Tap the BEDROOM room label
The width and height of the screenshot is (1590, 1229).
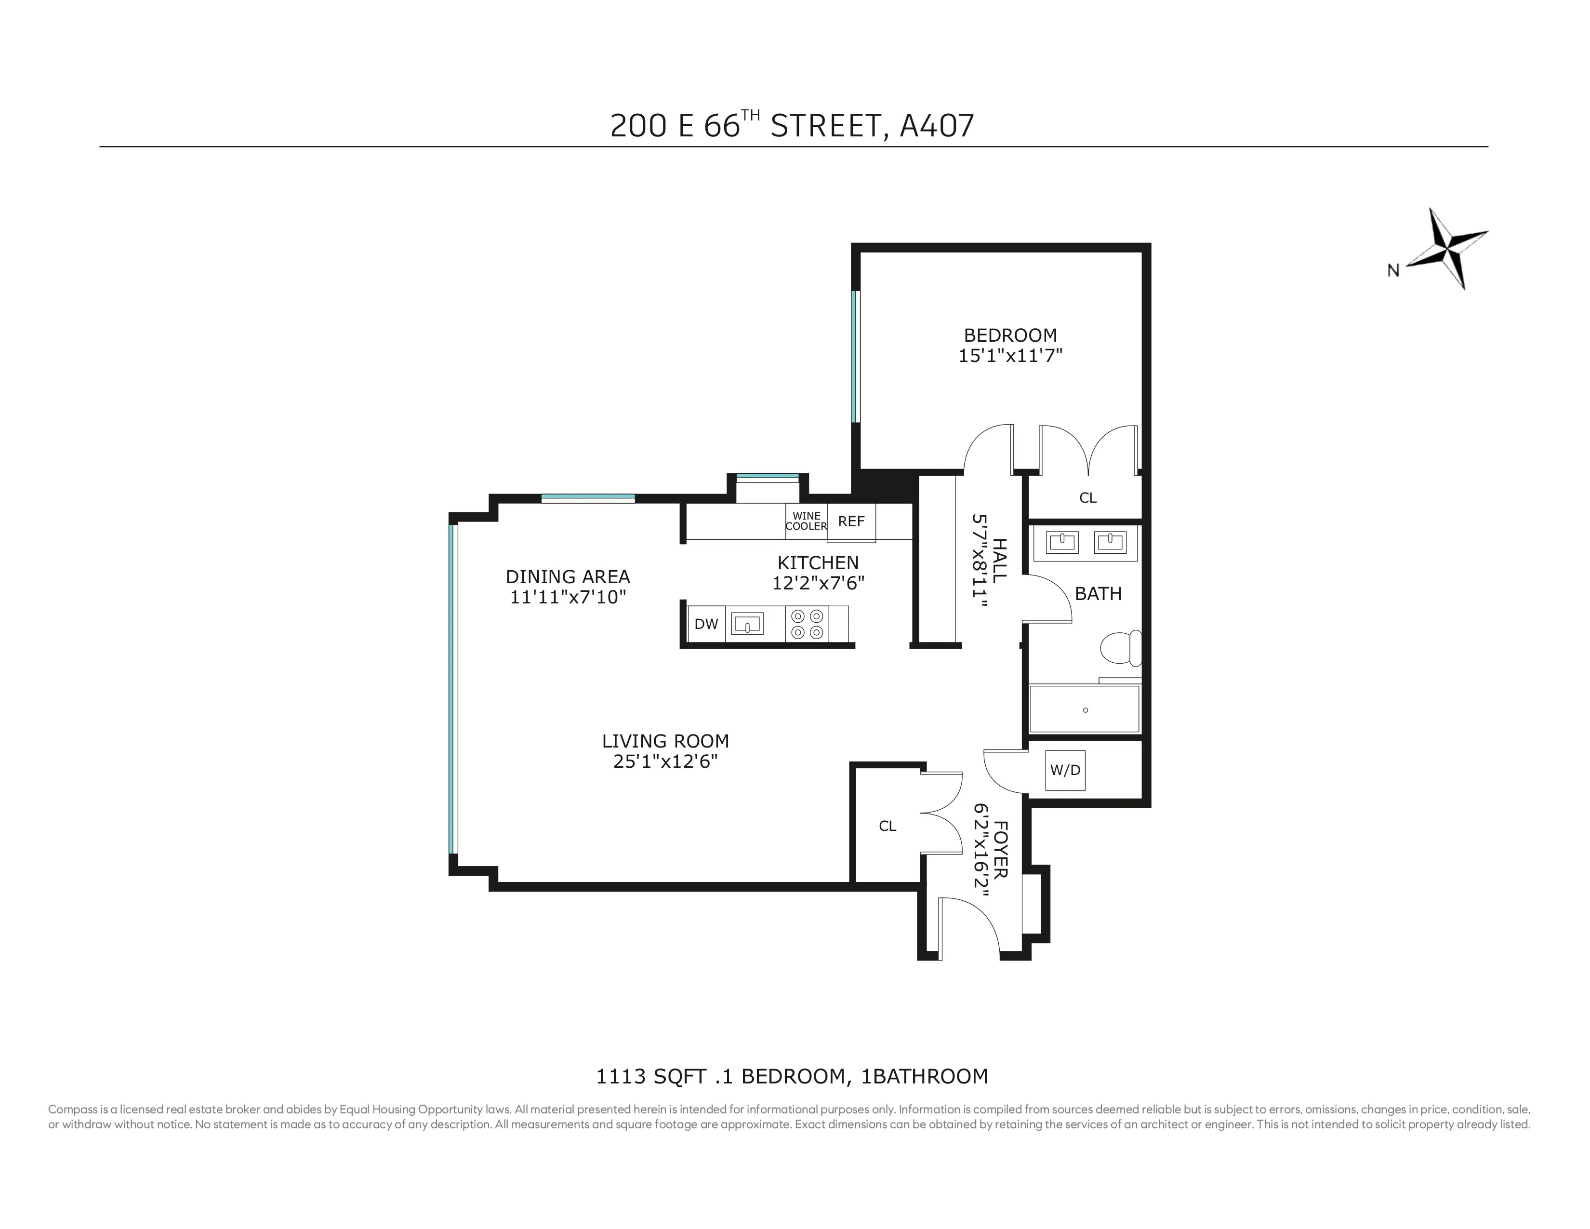(1010, 335)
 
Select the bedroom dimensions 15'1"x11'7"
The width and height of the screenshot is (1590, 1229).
(1010, 356)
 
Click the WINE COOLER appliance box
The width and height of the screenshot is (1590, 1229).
(806, 521)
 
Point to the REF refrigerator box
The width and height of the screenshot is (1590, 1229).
(851, 522)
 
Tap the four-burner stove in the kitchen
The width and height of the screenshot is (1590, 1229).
(807, 624)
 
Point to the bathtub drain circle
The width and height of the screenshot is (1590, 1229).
(1086, 710)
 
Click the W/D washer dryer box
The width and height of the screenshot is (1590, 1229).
(1065, 770)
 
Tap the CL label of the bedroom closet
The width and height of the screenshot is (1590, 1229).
(1087, 498)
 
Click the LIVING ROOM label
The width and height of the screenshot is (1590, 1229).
(665, 741)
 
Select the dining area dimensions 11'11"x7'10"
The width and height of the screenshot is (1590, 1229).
(568, 598)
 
